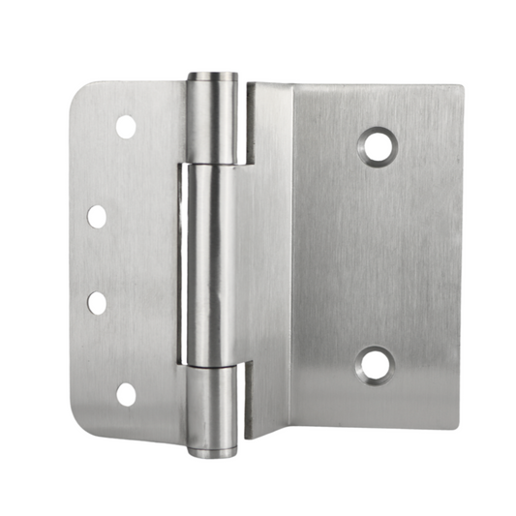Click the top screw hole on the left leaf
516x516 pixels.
[x=126, y=125]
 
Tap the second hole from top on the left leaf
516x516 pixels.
[x=98, y=216]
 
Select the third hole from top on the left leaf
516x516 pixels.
[x=98, y=302]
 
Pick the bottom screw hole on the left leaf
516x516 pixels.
[x=126, y=393]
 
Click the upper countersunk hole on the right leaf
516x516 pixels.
[x=379, y=146]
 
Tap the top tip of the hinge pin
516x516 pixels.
[x=211, y=76]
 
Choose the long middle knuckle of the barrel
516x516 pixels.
[x=209, y=261]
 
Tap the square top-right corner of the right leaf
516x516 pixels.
[x=459, y=90]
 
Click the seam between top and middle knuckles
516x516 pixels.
[x=209, y=164]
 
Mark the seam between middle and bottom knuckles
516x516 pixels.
[x=209, y=362]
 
